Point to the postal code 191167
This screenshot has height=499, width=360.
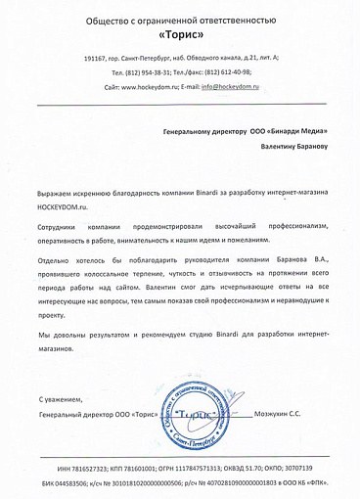tap(99, 61)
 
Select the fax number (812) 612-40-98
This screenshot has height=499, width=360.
tap(240, 73)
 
